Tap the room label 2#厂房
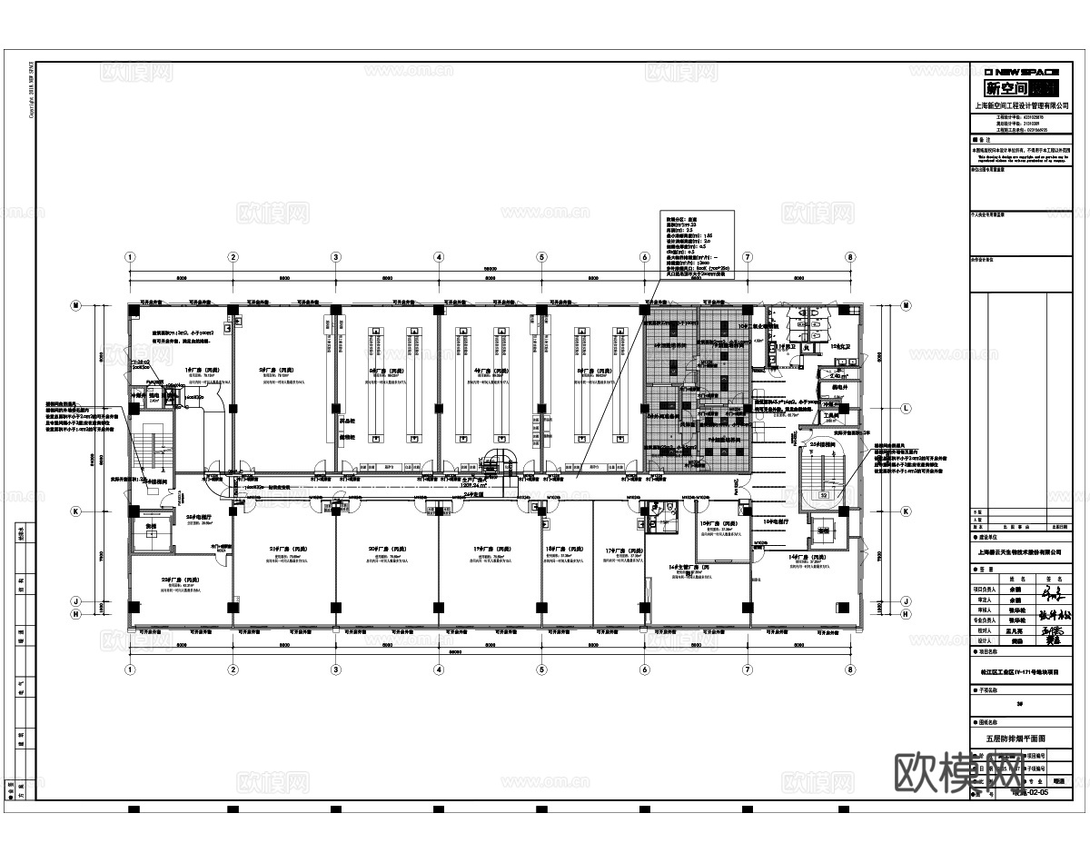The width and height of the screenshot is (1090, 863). pos(267,371)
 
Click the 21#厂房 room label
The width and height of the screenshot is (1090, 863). pos(282,550)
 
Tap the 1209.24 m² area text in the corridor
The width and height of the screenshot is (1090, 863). pos(473,485)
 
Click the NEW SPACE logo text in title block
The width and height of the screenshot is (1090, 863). pos(1022,72)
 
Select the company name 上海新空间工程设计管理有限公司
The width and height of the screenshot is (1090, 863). pos(1022,104)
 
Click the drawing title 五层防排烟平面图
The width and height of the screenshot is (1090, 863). pos(1022,739)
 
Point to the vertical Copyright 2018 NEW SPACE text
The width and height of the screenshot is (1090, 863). pos(32,91)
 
